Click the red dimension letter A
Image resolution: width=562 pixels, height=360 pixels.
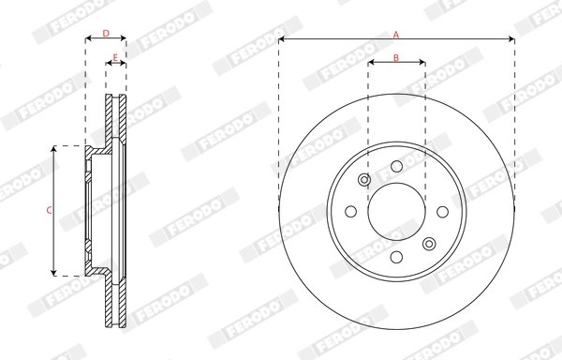pyautogui.click(x=396, y=35)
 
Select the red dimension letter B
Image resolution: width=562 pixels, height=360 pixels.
pyautogui.click(x=396, y=58)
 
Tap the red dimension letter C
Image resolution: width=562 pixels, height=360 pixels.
pyautogui.click(x=49, y=211)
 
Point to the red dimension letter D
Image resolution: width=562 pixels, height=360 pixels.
pyautogui.click(x=106, y=34)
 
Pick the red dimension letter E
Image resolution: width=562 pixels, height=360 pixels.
pyautogui.click(x=115, y=57)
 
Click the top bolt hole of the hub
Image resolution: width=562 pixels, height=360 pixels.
pyautogui.click(x=397, y=166)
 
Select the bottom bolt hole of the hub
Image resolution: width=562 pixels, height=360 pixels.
pyautogui.click(x=397, y=257)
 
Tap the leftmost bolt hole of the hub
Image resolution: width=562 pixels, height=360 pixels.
pyautogui.click(x=351, y=211)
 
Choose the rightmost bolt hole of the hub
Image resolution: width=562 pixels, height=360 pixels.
pyautogui.click(x=443, y=212)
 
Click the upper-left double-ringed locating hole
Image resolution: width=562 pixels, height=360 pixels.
pyautogui.click(x=364, y=179)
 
